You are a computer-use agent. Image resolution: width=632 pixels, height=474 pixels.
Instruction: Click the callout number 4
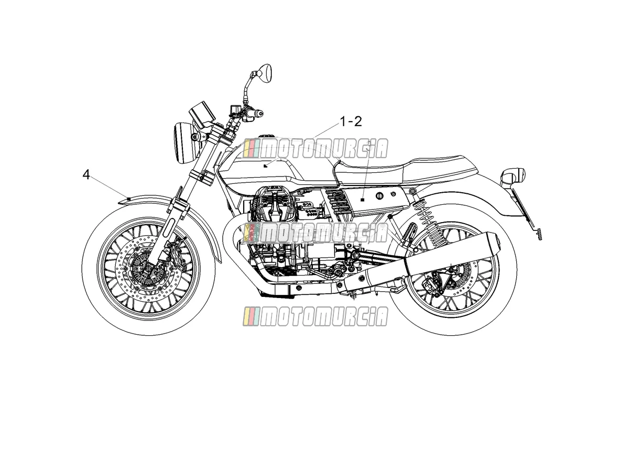[86, 175]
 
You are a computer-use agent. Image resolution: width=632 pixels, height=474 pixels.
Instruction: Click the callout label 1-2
[351, 122]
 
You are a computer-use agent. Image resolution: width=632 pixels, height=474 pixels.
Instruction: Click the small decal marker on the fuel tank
[266, 166]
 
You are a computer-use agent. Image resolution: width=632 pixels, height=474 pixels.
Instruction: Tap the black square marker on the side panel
[363, 200]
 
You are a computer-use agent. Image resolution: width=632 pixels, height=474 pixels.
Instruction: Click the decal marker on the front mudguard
[128, 198]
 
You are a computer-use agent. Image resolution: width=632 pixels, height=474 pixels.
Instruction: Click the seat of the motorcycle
[403, 170]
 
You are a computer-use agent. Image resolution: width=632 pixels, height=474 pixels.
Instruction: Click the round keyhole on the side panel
[379, 196]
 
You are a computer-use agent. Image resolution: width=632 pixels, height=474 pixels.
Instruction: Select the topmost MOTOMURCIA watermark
[315, 149]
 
